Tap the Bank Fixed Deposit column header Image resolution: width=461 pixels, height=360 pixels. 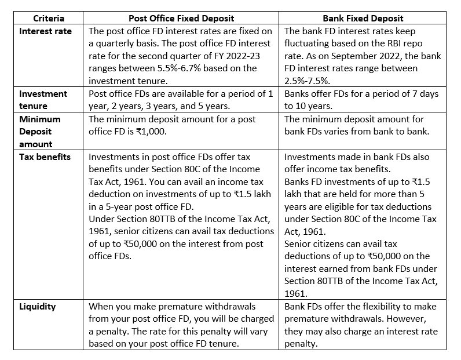point(365,18)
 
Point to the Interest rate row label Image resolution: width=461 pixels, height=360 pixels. point(46,31)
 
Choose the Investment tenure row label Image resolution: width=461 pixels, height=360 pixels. point(43,99)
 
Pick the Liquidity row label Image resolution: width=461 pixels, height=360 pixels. point(37,306)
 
